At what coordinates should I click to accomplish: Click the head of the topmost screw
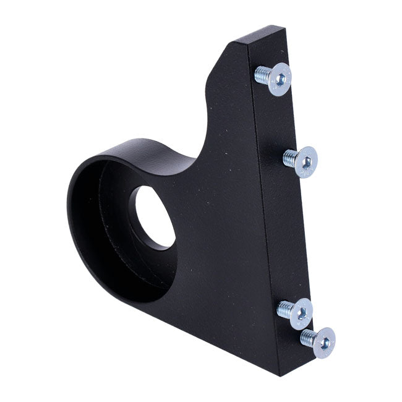(280, 79)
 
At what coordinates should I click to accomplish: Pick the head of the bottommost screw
(324, 341)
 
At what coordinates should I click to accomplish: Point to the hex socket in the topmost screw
(280, 79)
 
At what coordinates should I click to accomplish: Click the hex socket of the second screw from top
(306, 162)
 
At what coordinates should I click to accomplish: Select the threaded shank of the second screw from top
(289, 158)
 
